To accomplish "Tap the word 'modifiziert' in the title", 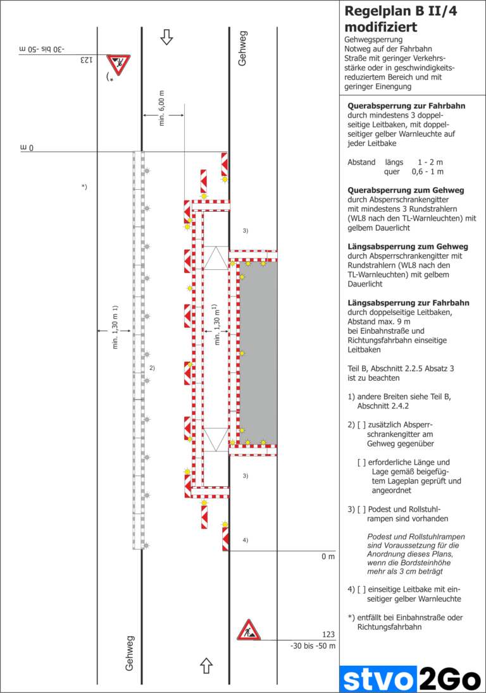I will point(380,27).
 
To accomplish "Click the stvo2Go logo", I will point(410,679).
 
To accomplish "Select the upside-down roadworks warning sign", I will point(118,63).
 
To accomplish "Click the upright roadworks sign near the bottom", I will point(249,630).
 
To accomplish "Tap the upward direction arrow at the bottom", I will point(206,665).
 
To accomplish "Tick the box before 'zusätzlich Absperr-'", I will point(361,425).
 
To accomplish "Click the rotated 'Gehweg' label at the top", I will point(244,48).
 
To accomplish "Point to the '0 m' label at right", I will point(327,556).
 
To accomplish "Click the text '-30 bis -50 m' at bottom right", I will point(312,646).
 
